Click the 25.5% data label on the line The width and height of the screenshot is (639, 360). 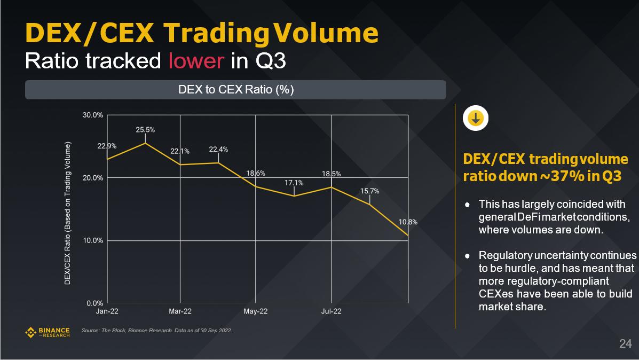tap(145, 130)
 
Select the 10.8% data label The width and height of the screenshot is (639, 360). tap(407, 222)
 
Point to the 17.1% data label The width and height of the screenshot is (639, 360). tap(294, 183)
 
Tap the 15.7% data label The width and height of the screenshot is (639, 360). tap(369, 191)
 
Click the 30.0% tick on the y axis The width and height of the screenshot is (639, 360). tap(92, 115)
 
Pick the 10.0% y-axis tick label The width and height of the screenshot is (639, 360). tap(92, 240)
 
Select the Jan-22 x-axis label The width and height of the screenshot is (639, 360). tap(107, 311)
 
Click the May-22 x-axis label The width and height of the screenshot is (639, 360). tap(256, 311)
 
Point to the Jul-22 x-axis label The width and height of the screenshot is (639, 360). tap(332, 311)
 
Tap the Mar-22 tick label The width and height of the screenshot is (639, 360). tap(180, 311)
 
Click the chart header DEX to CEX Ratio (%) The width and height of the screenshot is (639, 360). tap(235, 90)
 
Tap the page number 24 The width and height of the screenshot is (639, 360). tap(625, 343)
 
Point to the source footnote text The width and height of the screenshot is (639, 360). tap(156, 331)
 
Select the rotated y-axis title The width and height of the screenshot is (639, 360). tap(68, 214)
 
